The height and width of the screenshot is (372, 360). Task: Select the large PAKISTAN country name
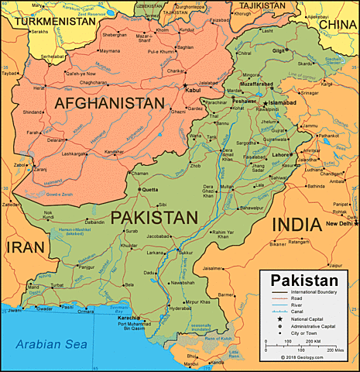point(153,218)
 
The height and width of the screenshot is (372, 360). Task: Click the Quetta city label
point(149,189)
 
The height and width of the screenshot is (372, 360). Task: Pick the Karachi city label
point(129,318)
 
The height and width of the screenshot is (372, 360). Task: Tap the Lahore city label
point(280,154)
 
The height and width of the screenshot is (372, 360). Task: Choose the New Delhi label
point(340,224)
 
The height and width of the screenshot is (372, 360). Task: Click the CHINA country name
point(338,24)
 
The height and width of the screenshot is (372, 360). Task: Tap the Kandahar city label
point(113,151)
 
